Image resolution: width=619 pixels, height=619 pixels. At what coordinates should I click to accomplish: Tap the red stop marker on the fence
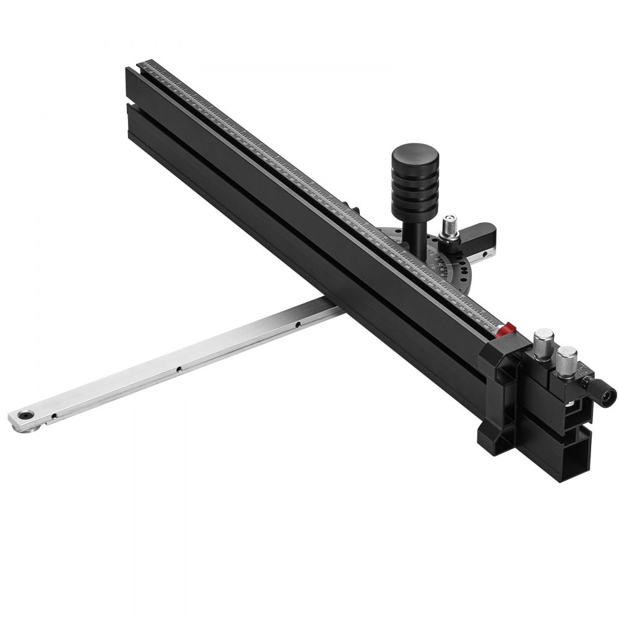click(x=509, y=327)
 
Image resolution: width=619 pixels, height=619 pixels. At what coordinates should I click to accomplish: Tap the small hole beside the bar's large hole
click(x=54, y=416)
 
